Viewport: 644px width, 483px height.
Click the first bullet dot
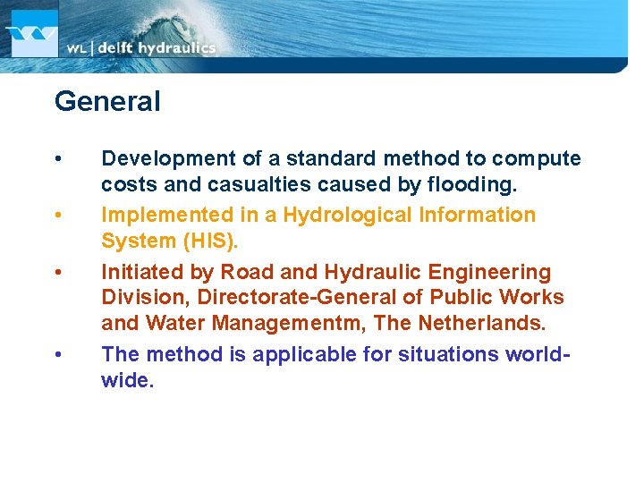click(x=58, y=159)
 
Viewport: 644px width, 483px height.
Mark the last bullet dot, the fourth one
click(x=58, y=354)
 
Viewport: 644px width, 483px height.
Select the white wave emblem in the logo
click(x=30, y=38)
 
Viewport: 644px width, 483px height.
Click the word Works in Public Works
click(x=531, y=297)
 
